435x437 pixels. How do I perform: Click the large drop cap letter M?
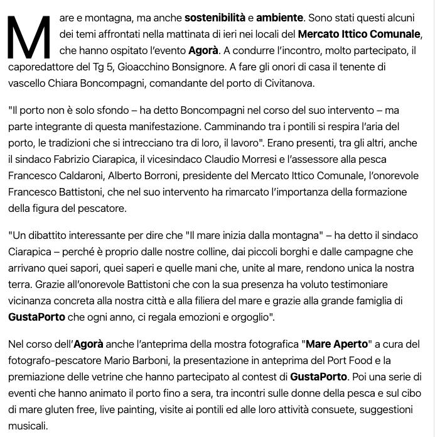(x=29, y=38)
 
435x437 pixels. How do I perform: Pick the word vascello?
(x=28, y=83)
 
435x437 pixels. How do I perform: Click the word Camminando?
(x=235, y=126)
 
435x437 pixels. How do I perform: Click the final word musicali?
(x=28, y=426)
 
